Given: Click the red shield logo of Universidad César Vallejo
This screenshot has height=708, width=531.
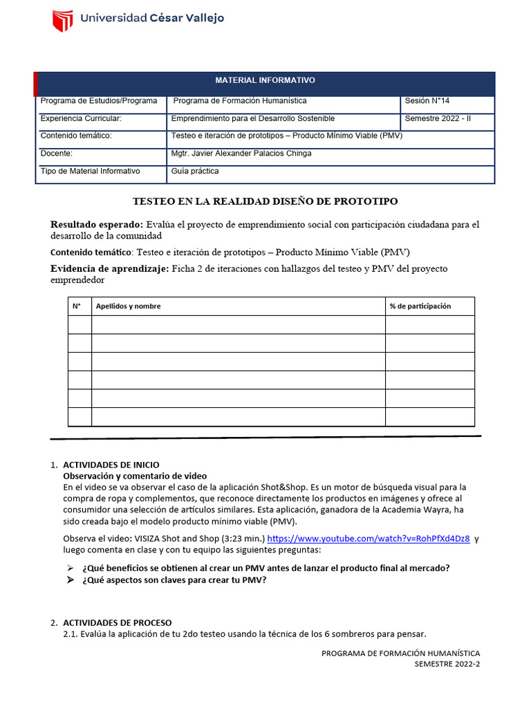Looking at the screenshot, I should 63,21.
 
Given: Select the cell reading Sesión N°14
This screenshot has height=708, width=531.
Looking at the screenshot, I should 427,101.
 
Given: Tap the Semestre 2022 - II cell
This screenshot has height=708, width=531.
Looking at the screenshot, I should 438,118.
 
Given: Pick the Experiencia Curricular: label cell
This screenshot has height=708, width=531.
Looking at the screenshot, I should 81,118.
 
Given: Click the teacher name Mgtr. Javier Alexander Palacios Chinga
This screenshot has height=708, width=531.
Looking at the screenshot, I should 241,153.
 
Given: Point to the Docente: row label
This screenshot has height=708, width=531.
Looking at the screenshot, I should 57,153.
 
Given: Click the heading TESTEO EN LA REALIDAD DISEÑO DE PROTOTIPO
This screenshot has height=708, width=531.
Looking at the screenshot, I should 265,201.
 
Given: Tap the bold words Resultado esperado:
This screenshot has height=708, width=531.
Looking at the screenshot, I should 97,225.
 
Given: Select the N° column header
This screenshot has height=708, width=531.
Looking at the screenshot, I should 77,306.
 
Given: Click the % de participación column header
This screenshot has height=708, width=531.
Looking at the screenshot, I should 420,306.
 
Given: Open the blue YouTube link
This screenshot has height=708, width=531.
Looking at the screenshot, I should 368,539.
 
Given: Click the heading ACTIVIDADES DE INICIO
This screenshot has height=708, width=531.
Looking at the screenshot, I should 111,465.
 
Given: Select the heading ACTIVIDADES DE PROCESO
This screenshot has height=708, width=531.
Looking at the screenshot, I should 117,622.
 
